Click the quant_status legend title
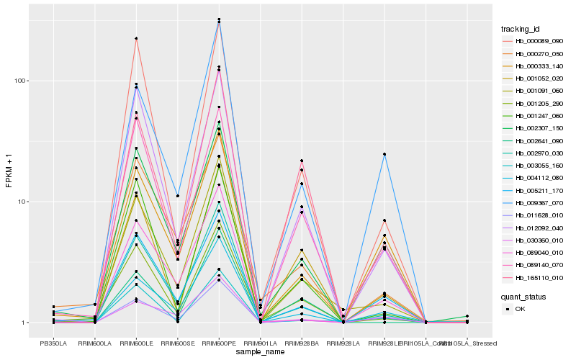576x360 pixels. coord(524,296)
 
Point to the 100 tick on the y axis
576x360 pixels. coord(22,81)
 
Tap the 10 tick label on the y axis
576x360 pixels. coord(23,202)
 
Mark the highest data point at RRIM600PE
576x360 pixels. coord(219,19)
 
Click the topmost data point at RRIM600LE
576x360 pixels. coord(136,38)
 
